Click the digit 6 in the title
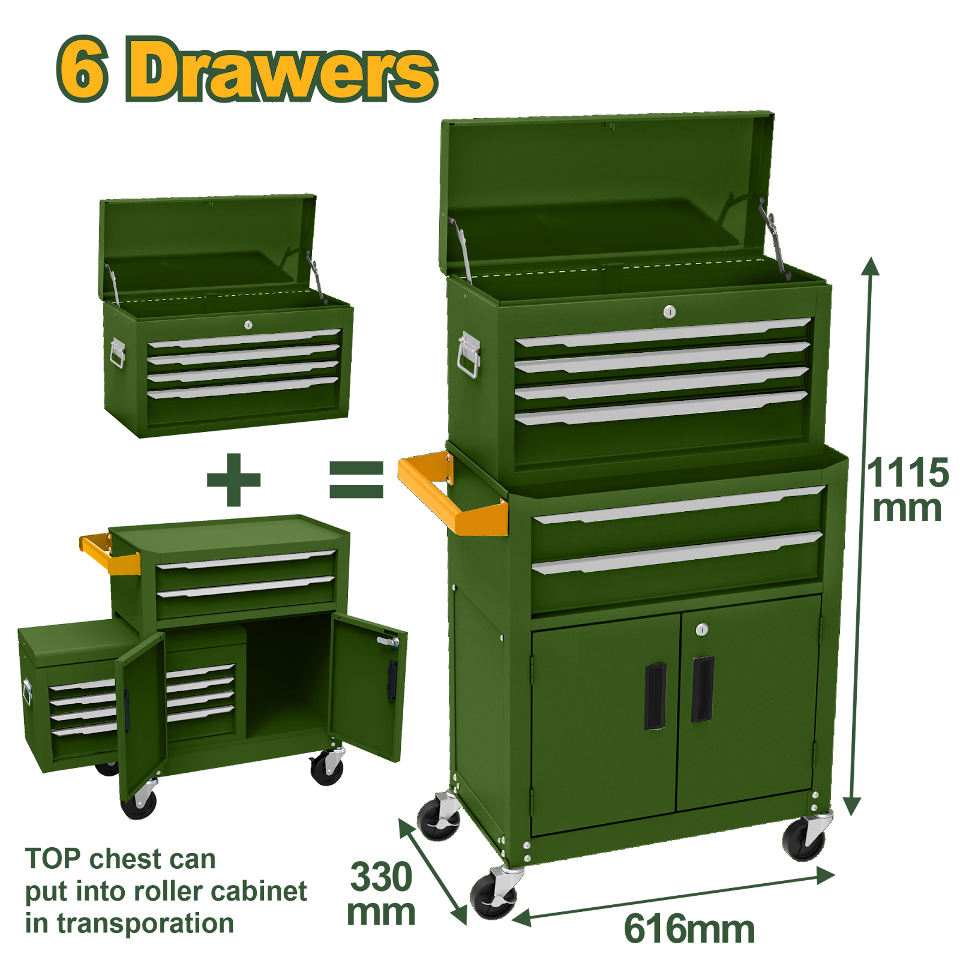pos(83,70)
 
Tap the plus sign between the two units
pos(234,479)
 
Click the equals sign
pos(356,479)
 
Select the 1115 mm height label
pos(908,489)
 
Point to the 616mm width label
pos(689,929)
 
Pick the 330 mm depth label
pos(381,894)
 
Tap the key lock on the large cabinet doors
pos(702,629)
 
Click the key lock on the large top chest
pos(670,311)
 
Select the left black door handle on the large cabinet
pos(655,696)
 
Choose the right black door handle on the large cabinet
pos(702,689)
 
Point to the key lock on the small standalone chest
pos(248,325)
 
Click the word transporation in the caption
pos(145,924)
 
